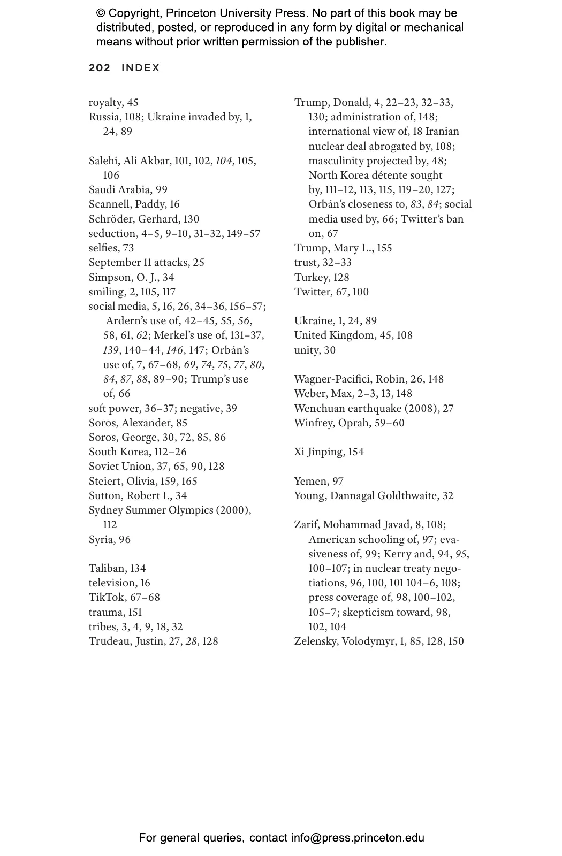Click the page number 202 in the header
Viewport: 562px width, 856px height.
tap(100, 68)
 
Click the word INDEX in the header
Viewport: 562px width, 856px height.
tap(141, 68)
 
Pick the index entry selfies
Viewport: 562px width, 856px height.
tap(103, 248)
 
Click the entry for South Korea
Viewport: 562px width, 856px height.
tap(116, 452)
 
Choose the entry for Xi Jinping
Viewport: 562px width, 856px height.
tap(319, 452)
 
